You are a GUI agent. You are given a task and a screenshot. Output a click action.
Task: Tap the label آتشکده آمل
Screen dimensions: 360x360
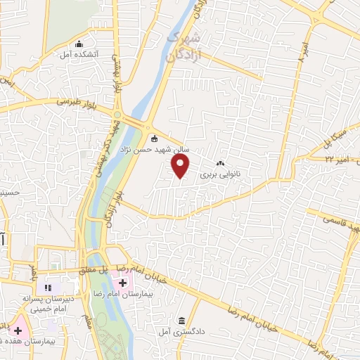[x=78, y=54]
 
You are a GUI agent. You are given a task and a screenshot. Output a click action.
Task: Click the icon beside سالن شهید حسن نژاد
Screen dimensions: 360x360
[x=155, y=137]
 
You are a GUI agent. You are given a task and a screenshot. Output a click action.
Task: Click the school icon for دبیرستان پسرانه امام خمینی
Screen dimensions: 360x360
[x=49, y=287]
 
